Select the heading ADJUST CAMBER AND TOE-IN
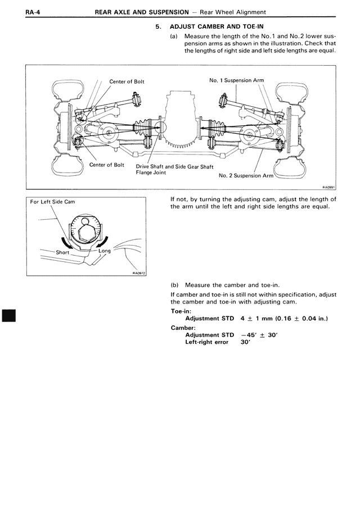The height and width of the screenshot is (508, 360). [x=217, y=26]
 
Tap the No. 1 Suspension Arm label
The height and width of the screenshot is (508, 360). [x=236, y=80]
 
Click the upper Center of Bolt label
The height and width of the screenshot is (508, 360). [x=127, y=81]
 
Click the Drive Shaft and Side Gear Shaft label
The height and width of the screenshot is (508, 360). [x=174, y=166]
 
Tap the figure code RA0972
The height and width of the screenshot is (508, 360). [x=139, y=273]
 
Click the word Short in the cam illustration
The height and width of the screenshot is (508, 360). [x=62, y=252]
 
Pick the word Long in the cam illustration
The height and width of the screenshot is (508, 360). [x=105, y=251]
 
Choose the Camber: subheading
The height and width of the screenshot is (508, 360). [x=182, y=327]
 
